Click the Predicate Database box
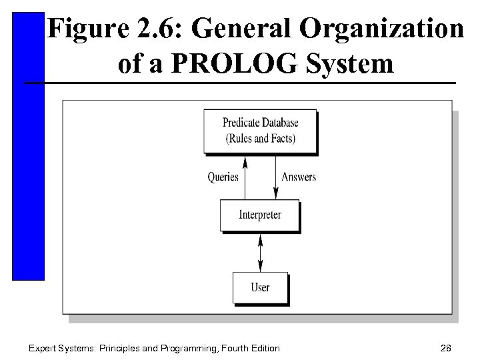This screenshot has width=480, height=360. point(260,130)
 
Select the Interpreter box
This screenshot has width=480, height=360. point(260,215)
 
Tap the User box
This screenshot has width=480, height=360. point(260,287)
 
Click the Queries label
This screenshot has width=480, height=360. point(223,177)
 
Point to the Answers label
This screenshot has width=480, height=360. point(299,177)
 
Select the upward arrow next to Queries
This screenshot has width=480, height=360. point(245,177)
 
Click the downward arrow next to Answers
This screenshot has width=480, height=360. point(276,177)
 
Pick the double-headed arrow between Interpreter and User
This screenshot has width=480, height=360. point(260,251)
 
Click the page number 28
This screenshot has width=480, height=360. point(446,348)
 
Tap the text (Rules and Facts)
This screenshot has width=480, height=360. point(260,139)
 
